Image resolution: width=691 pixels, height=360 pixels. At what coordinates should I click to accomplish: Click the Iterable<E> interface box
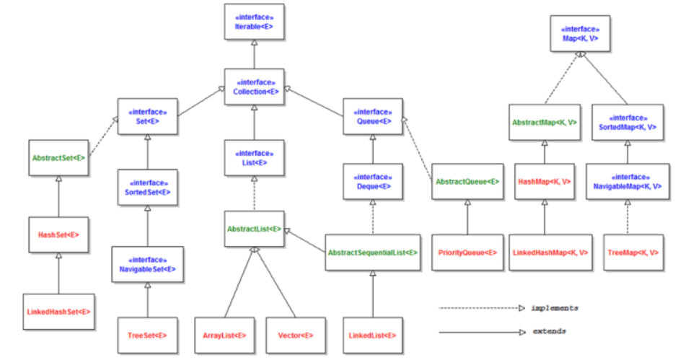[253, 22]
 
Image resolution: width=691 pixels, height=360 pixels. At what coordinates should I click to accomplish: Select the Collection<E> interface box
[254, 87]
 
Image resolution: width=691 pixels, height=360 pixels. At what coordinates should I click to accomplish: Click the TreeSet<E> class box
[147, 335]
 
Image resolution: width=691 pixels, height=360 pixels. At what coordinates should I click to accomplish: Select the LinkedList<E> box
[372, 335]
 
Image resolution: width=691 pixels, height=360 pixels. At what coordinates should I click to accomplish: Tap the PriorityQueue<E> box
[467, 253]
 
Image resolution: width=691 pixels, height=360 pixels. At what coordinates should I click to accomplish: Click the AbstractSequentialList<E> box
[372, 253]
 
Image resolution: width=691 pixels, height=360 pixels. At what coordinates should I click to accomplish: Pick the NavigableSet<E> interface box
[147, 263]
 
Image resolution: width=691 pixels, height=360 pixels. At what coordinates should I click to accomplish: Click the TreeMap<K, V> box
[627, 253]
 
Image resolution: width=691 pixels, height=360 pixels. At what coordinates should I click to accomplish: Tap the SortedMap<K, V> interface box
[627, 123]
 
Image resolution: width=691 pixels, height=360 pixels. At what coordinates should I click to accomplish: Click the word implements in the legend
[554, 308]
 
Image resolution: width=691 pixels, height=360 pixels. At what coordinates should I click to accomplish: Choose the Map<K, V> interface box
[581, 32]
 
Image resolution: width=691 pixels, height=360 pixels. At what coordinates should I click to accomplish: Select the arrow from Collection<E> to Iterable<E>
[254, 55]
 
